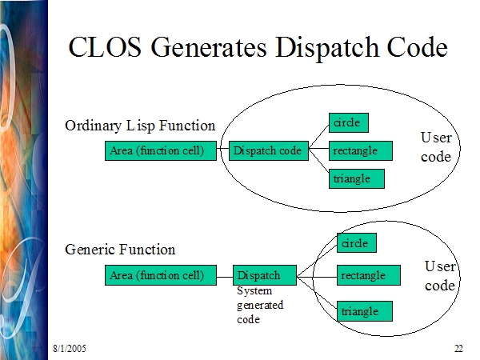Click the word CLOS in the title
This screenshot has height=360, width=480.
click(105, 47)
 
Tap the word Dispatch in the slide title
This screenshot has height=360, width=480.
click(327, 48)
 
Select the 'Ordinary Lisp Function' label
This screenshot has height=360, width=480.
click(140, 126)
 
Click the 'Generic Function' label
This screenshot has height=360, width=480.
click(120, 250)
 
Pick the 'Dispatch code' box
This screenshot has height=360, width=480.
click(269, 150)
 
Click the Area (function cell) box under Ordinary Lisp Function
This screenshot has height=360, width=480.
click(161, 150)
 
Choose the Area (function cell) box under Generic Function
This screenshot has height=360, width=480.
click(161, 275)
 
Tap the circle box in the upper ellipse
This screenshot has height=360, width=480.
click(349, 122)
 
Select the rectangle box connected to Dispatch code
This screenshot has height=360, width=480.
click(361, 150)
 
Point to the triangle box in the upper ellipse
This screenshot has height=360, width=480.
click(357, 178)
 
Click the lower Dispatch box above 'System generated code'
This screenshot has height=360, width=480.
click(265, 275)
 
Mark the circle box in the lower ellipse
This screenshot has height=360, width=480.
click(357, 242)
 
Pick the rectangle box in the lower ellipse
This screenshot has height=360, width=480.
click(369, 275)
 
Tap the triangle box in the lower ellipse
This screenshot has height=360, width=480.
click(365, 311)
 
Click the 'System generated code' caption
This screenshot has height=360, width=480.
click(260, 305)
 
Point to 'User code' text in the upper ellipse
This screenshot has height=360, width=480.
click(436, 147)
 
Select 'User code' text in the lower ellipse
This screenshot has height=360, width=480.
click(440, 276)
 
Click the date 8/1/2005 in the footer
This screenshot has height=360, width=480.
click(70, 348)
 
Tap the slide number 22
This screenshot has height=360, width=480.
click(458, 348)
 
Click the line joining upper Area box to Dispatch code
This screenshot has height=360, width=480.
click(222, 149)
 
